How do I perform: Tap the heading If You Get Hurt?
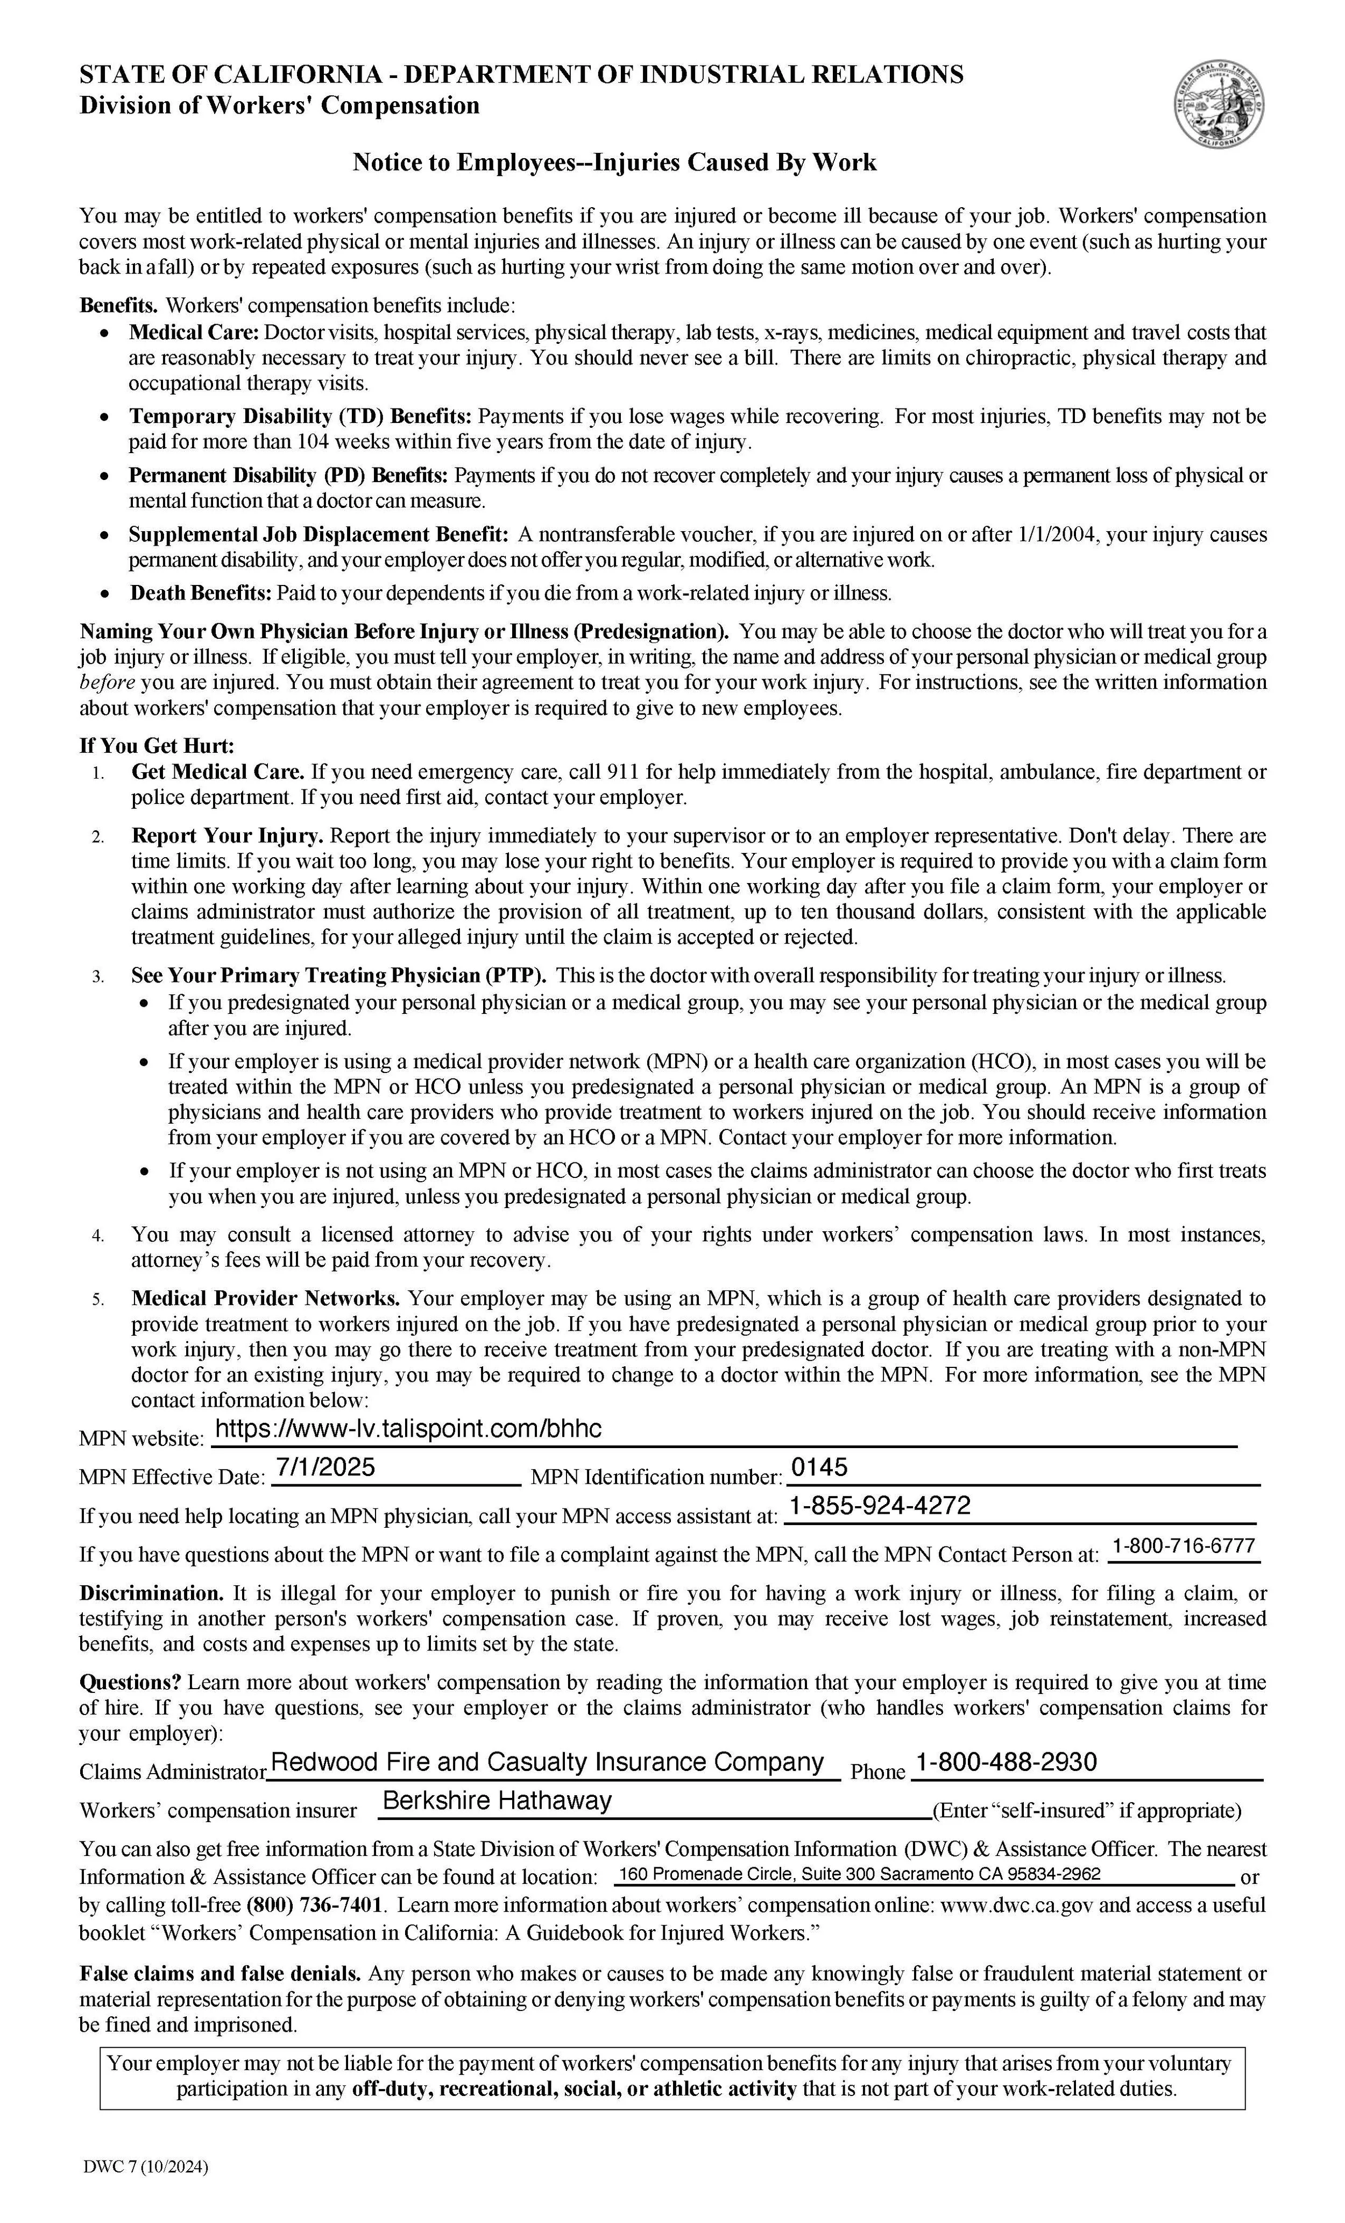point(157,746)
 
